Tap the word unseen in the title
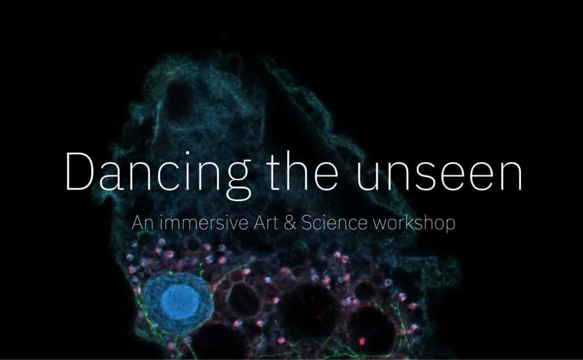(439, 175)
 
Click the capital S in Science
(307, 222)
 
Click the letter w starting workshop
(380, 224)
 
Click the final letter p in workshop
(450, 226)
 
